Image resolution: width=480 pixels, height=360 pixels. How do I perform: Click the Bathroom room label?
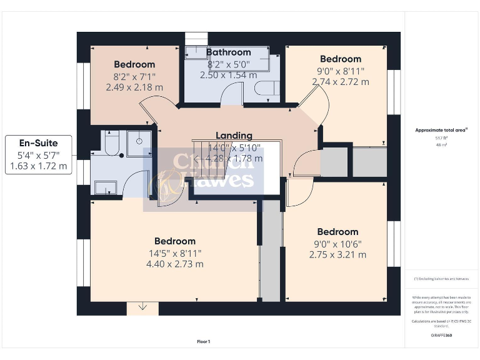point(228,52)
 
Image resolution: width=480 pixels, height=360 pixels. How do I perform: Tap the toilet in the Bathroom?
point(266,88)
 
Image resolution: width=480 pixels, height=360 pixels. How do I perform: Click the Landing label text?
point(234,136)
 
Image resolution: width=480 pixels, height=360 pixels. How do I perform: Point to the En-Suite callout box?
point(39,155)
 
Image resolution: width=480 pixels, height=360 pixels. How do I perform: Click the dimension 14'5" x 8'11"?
point(175,253)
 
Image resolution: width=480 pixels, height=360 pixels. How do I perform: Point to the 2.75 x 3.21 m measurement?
point(337,255)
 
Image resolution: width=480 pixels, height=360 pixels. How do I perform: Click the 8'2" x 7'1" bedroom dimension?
point(134,76)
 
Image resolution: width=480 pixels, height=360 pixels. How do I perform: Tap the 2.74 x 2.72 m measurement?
point(341,82)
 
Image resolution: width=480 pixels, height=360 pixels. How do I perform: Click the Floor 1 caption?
point(203,341)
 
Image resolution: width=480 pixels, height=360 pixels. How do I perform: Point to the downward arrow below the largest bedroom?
point(142,307)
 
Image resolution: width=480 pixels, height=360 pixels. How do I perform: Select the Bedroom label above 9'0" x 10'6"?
point(337,232)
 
